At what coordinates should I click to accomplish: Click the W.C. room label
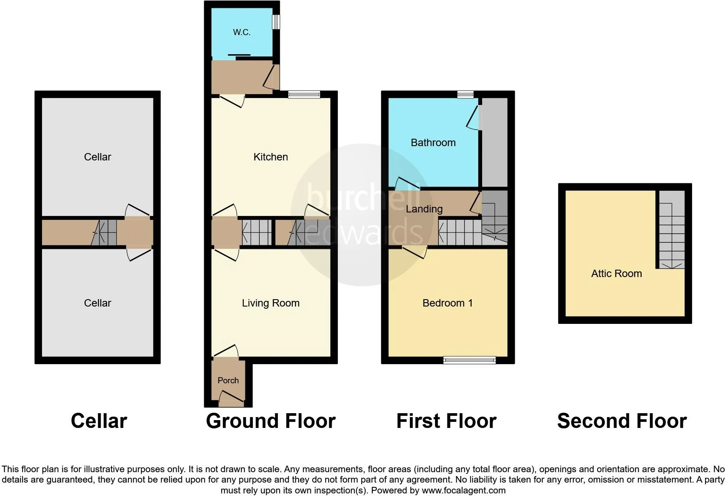click(x=242, y=33)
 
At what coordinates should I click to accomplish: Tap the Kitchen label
click(x=271, y=157)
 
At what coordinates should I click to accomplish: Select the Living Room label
click(x=271, y=303)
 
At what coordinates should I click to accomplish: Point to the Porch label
click(x=228, y=381)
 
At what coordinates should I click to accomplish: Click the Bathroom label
click(x=433, y=143)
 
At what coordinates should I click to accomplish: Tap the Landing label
click(x=424, y=209)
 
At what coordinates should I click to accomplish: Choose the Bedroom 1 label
click(x=447, y=303)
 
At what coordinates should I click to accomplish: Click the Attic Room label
click(x=617, y=274)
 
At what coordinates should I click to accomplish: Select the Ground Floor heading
click(x=271, y=421)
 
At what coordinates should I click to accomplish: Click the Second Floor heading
click(x=622, y=421)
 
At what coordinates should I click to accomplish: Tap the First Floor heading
click(x=446, y=421)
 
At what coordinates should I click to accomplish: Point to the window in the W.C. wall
click(x=276, y=22)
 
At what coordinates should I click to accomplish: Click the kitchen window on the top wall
click(x=304, y=94)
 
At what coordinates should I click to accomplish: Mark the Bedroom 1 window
click(x=469, y=360)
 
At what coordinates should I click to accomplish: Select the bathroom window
click(x=465, y=94)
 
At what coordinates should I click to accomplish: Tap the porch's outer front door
click(x=231, y=399)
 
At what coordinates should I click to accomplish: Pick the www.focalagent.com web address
click(x=464, y=491)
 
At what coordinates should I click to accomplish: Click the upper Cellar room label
click(x=98, y=157)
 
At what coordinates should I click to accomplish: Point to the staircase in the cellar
click(x=104, y=233)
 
